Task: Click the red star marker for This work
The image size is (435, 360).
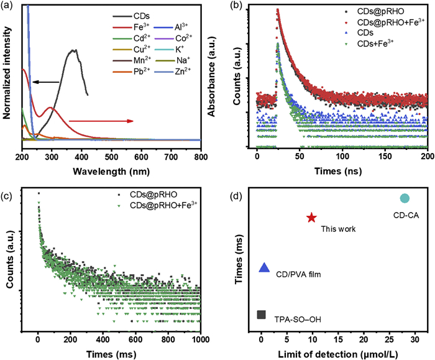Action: coord(311,218)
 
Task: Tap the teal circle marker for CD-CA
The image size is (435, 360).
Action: coord(405,198)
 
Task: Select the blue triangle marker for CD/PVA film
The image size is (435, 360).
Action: coord(264,268)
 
